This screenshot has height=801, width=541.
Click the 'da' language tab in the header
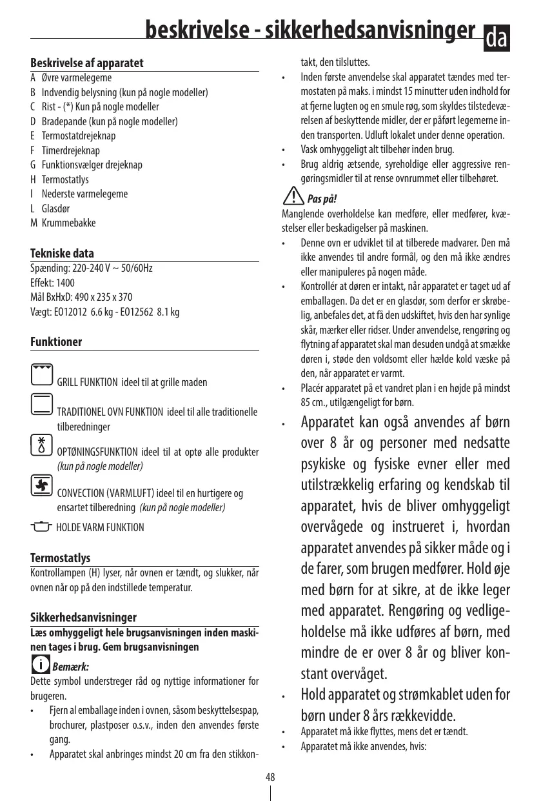497,39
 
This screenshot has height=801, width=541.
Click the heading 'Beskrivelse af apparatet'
87,63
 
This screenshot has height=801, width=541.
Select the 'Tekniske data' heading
63,254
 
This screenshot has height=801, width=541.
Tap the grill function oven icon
41,375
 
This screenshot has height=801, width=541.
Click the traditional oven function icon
41,403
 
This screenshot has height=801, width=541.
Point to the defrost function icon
41,444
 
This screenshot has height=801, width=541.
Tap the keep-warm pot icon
41,527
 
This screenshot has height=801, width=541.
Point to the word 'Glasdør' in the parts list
56,208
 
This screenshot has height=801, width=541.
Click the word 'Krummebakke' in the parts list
69,223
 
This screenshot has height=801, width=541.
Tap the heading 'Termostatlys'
61,558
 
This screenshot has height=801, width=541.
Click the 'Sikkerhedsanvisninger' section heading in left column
84,618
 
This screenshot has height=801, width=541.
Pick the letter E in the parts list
33,136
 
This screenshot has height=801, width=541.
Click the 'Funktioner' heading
56,341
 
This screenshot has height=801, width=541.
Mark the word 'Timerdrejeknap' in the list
71,150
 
